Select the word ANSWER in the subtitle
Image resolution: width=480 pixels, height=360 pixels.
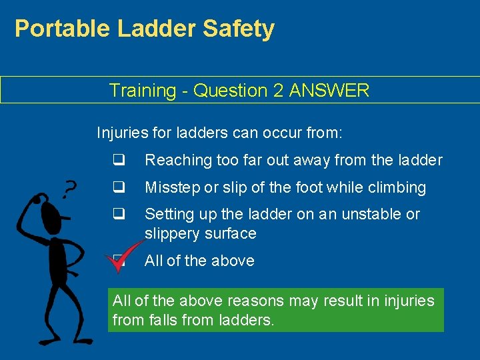pyautogui.click(x=329, y=91)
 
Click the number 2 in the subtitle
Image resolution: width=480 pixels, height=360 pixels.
pyautogui.click(x=278, y=91)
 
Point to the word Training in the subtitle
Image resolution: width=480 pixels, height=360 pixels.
pyautogui.click(x=139, y=91)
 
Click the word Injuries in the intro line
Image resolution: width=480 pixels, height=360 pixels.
pyautogui.click(x=123, y=133)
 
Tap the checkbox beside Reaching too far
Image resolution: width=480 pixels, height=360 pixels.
pyautogui.click(x=119, y=160)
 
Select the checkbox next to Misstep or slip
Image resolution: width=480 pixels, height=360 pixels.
pyautogui.click(x=119, y=187)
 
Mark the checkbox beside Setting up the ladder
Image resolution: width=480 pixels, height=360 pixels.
pyautogui.click(x=119, y=214)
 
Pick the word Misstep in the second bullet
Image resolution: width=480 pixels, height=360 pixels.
pyautogui.click(x=171, y=187)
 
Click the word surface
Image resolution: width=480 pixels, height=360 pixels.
pyautogui.click(x=232, y=233)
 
